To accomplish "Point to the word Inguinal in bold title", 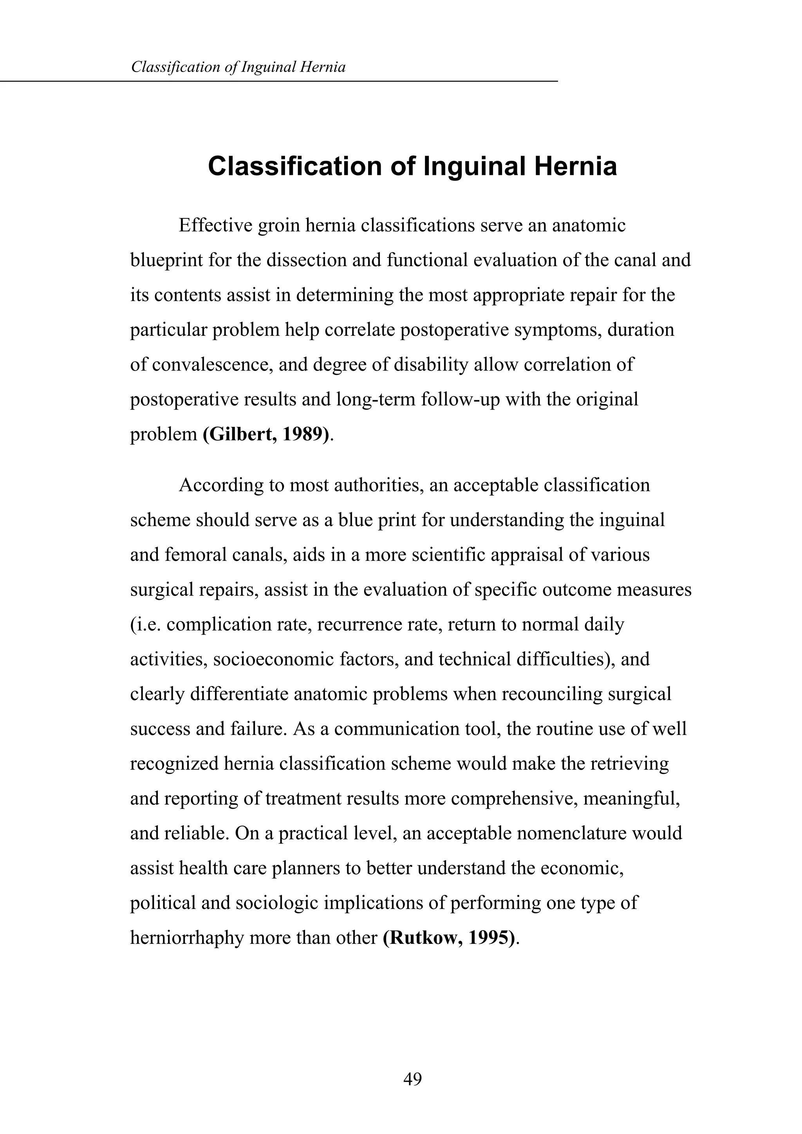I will [474, 166].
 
